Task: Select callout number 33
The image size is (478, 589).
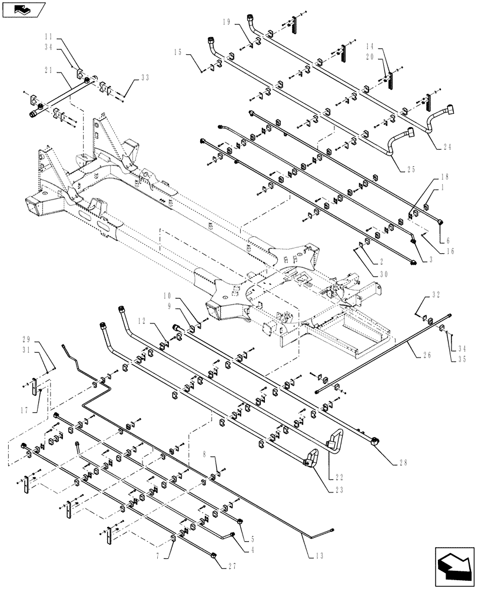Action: coord(145,77)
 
